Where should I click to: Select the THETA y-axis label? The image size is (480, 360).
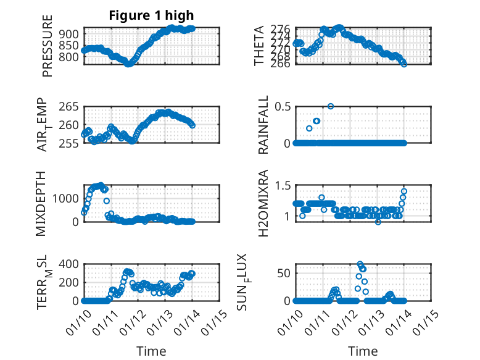(x=259, y=47)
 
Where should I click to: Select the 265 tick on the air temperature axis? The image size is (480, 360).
(x=70, y=107)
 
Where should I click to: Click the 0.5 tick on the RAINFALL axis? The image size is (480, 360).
(x=282, y=107)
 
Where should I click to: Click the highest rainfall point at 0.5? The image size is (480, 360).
(x=331, y=106)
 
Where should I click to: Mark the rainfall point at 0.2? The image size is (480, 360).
(x=309, y=128)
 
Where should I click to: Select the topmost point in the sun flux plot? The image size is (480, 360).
(x=360, y=264)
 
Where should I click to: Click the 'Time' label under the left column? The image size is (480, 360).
(x=151, y=351)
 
